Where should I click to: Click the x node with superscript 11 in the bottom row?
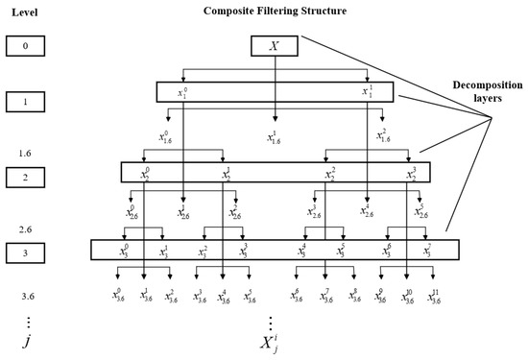click(x=433, y=297)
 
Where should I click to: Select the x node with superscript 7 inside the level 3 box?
click(x=426, y=252)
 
